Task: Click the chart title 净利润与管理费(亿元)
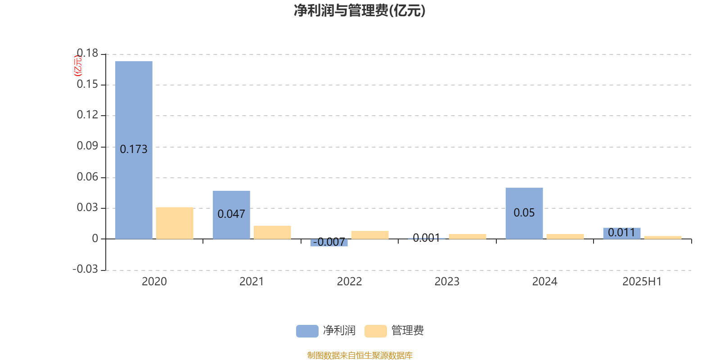tap(360, 11)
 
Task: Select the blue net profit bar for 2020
tap(134, 150)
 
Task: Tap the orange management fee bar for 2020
tap(175, 223)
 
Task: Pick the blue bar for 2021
tap(231, 215)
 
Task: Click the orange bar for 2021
tap(272, 232)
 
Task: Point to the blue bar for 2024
tap(524, 213)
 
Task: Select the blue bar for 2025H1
tap(621, 234)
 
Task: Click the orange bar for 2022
tap(370, 235)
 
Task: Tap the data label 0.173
tap(133, 149)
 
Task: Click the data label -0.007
tap(329, 242)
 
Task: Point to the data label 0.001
tap(426, 238)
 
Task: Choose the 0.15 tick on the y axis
tap(87, 84)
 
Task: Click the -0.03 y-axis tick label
tap(85, 269)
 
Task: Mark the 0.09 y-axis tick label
tap(87, 146)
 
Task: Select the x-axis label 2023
tap(447, 282)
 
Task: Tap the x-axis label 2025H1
tap(642, 282)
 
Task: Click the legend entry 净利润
tap(326, 331)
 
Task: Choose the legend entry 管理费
tap(394, 331)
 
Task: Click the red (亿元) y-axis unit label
tap(78, 66)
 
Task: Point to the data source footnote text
tap(360, 355)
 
